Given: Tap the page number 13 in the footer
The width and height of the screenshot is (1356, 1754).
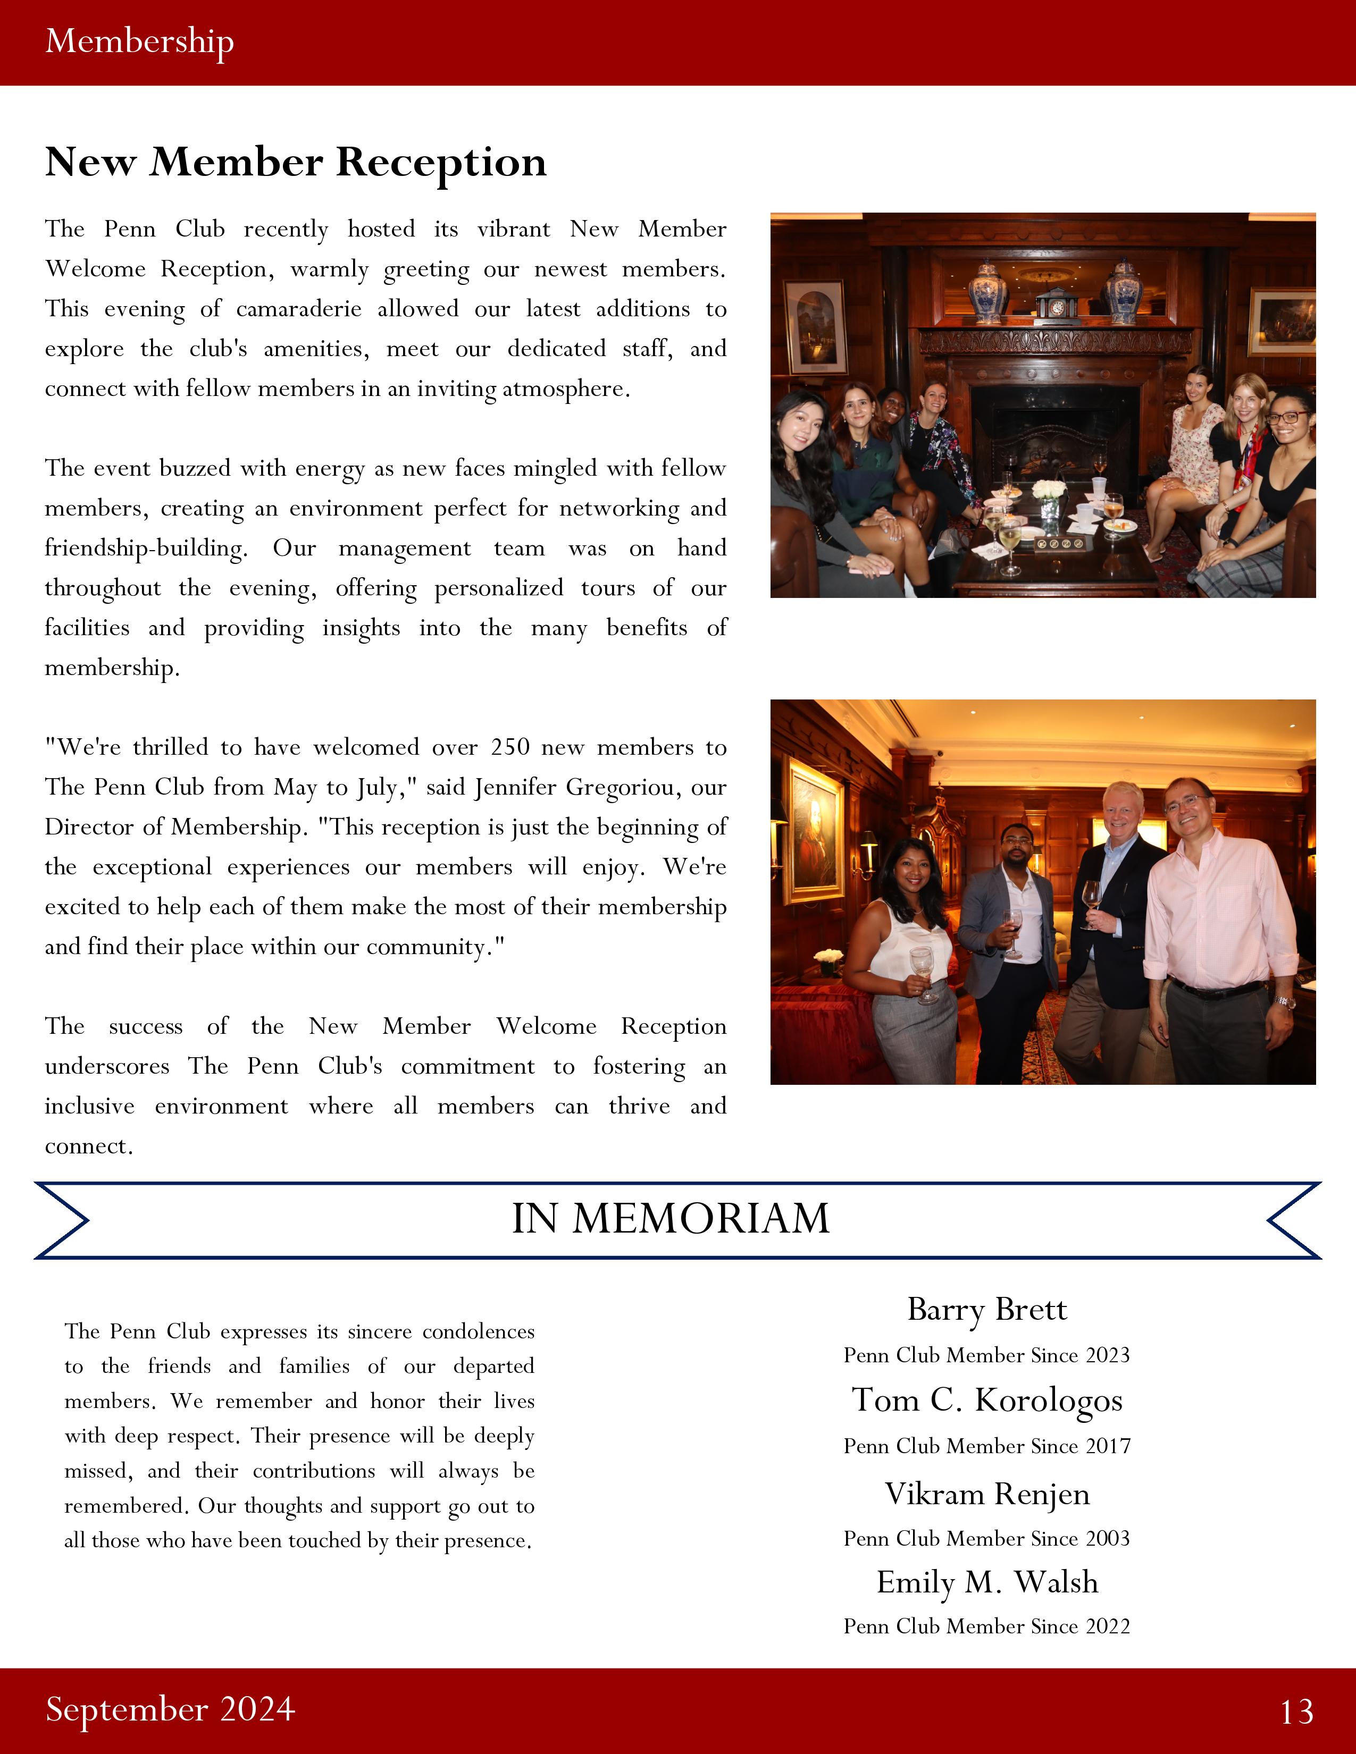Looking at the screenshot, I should [x=1296, y=1711].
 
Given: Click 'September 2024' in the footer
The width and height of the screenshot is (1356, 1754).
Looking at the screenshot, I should [x=170, y=1709].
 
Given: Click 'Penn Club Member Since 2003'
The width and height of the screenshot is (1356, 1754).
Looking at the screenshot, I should [x=986, y=1538].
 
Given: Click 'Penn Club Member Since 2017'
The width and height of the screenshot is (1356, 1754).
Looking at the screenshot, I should [x=986, y=1446].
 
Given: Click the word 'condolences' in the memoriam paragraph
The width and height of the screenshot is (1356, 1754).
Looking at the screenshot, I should [x=478, y=1331].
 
